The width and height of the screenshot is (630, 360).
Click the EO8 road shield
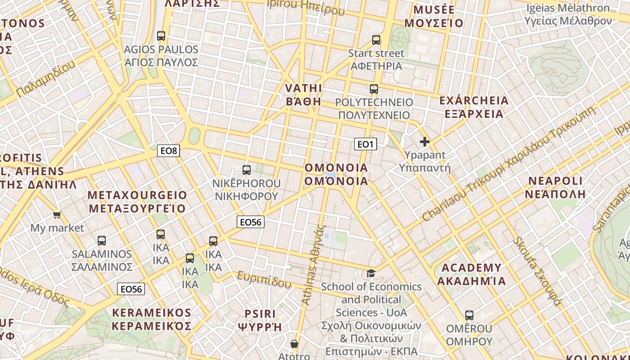point(168,151)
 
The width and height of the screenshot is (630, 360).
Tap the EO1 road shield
point(365,144)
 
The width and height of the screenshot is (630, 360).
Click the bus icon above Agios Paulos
point(161,36)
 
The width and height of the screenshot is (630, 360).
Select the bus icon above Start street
point(376,40)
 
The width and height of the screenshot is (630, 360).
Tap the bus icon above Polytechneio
point(374,89)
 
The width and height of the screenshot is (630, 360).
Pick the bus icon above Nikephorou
point(247,170)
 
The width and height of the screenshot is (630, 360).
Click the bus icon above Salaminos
point(102,241)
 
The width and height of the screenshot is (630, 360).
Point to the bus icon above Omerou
point(469,315)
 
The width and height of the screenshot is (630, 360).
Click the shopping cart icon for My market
point(57,215)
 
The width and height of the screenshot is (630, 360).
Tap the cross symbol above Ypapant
point(424,142)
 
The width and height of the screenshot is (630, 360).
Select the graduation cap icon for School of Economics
point(371,273)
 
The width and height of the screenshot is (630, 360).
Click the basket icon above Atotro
point(294,344)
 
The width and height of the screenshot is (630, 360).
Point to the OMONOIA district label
point(336,174)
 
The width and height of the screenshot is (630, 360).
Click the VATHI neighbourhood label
point(304,94)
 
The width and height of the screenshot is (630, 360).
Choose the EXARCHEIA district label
point(473,107)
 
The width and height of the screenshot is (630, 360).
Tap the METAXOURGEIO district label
point(137,202)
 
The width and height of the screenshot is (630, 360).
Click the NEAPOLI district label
point(555,188)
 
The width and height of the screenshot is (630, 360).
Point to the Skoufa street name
point(537,271)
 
